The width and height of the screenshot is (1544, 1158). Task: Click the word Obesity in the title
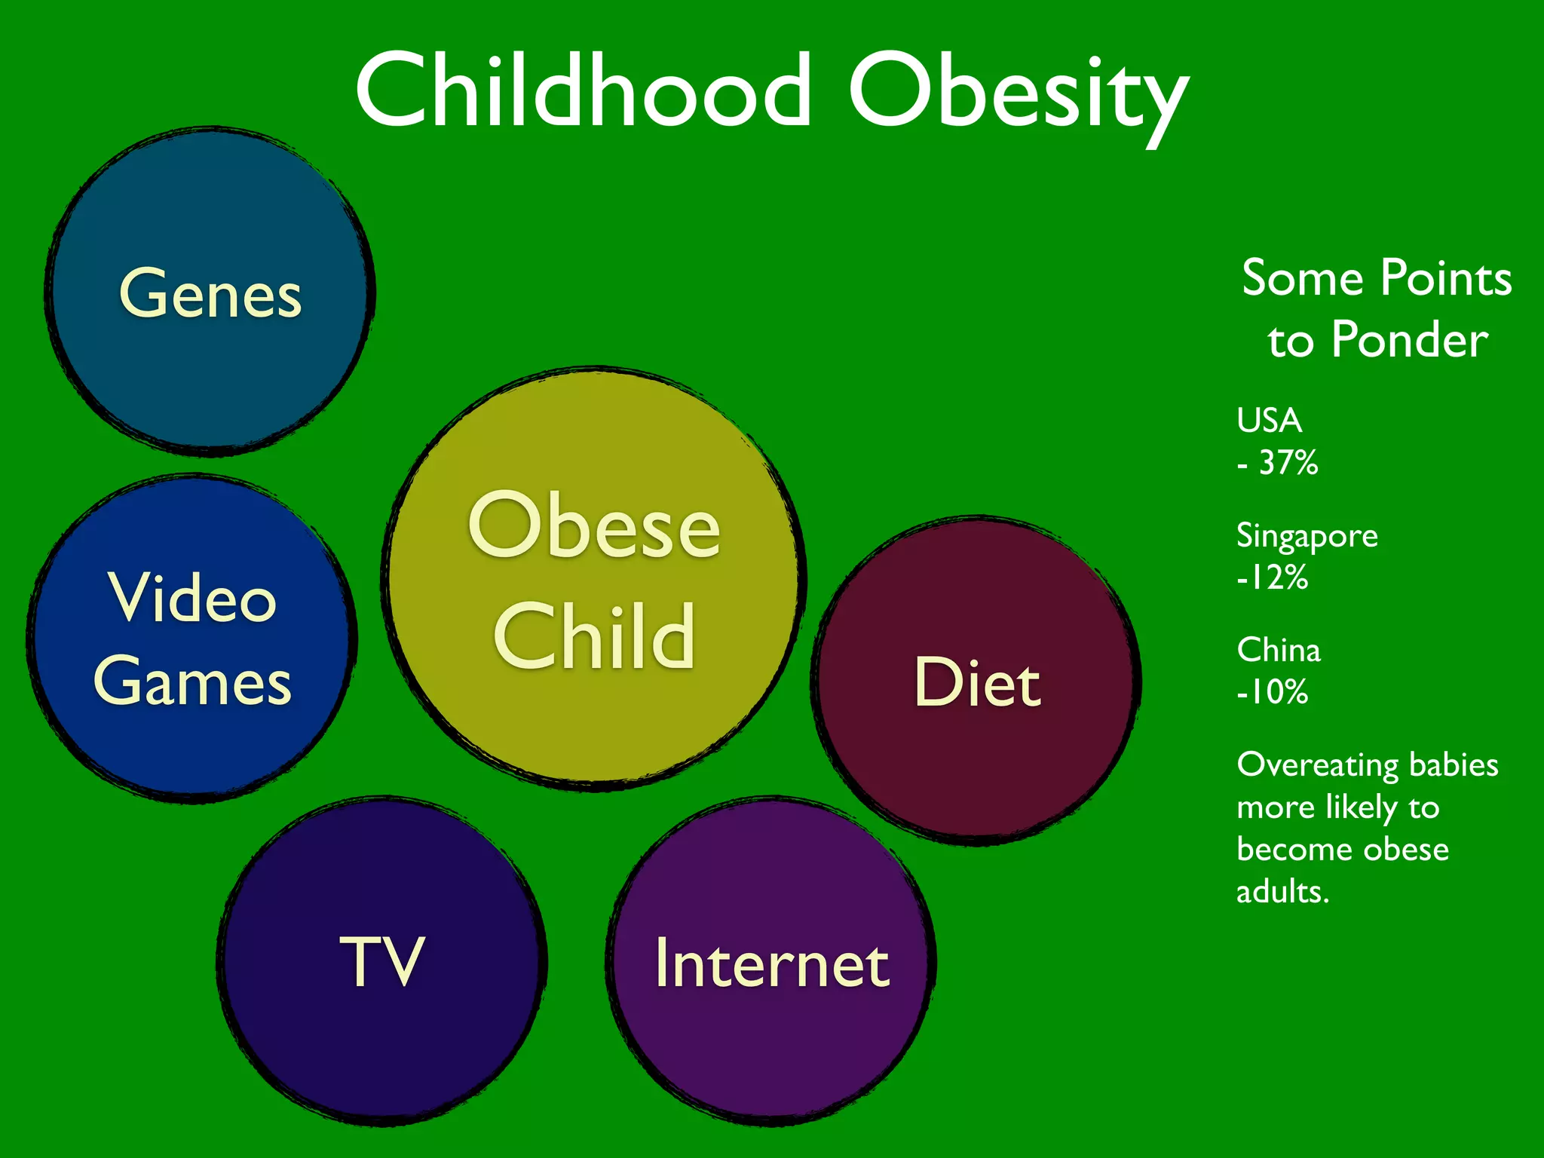1018,94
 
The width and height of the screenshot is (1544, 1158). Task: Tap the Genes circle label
210,294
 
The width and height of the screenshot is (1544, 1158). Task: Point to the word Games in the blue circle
192,681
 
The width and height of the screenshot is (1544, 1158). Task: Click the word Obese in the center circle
594,525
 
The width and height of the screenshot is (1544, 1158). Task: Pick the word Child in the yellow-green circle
594,637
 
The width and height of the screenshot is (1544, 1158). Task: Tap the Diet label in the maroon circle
977,682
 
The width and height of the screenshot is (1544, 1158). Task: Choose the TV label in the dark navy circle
382,960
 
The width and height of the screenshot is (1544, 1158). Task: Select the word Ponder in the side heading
1409,341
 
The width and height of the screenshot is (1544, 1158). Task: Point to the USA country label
1269,421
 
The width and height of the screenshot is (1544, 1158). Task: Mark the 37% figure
1288,463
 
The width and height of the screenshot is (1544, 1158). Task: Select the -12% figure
1273,578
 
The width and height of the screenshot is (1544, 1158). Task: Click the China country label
1279,650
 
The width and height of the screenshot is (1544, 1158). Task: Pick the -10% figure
1273,692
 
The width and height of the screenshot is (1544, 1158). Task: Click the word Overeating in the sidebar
1317,766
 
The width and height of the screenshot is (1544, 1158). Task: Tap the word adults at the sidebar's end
1282,893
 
